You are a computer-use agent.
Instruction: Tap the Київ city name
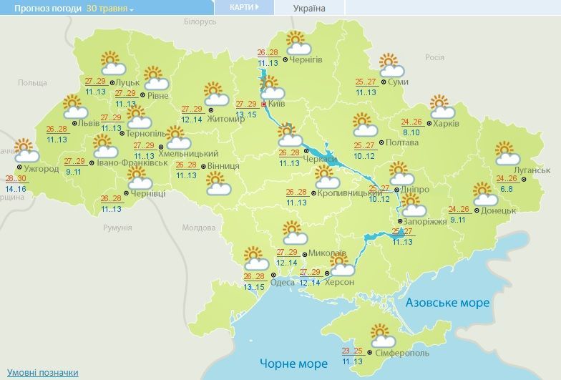tap(280, 104)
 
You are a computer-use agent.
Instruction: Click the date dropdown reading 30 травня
tap(110, 8)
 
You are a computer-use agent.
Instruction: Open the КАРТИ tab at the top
tap(244, 8)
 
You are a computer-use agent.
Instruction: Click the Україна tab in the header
tap(309, 9)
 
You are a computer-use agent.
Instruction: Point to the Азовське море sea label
tap(447, 303)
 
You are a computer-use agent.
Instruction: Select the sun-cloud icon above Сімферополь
tap(381, 335)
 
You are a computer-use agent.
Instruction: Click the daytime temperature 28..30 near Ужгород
tap(16, 179)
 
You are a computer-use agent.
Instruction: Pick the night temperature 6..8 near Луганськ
tap(506, 188)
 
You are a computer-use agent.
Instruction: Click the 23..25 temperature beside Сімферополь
tap(351, 351)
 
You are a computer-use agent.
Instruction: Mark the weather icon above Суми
tap(391, 65)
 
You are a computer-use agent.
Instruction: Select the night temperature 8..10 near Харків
tap(411, 132)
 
